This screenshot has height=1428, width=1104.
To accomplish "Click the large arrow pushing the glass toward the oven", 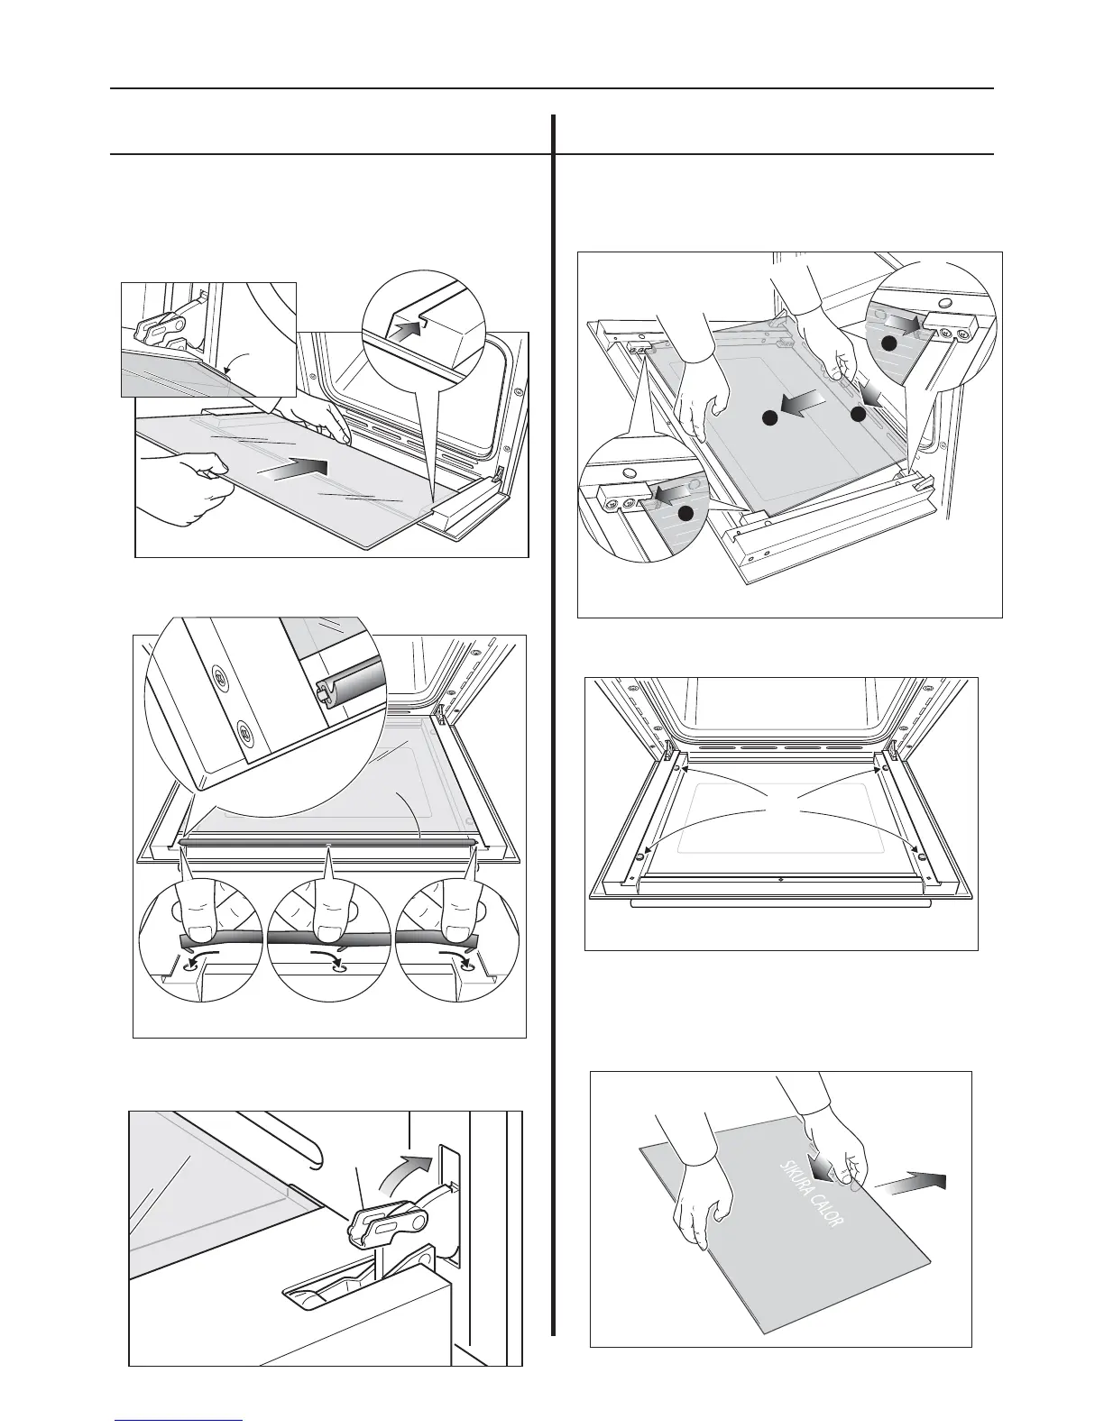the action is [x=294, y=469].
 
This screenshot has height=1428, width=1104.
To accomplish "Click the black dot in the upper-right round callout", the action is [x=889, y=343].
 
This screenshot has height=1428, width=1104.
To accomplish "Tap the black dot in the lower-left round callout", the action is [x=685, y=513].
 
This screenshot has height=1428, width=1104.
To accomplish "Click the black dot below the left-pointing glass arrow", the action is [x=768, y=418].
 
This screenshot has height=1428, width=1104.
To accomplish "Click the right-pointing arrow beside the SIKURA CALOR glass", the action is [x=915, y=1183].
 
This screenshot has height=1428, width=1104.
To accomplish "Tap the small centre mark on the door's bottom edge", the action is [x=780, y=877].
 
